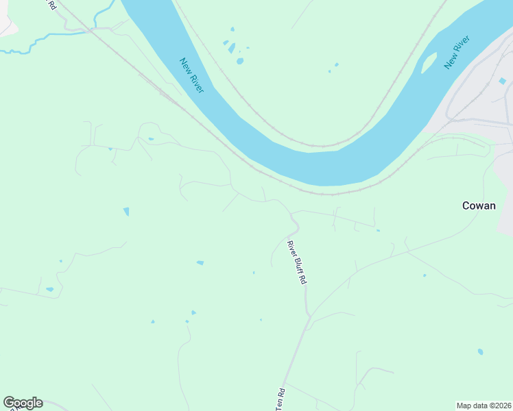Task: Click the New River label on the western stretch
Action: [192, 75]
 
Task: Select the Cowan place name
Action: [479, 206]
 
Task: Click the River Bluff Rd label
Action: [297, 262]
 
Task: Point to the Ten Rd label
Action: [280, 399]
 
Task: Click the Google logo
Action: [23, 403]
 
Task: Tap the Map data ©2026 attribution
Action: [484, 406]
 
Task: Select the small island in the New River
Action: [428, 64]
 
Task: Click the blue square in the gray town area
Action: [502, 82]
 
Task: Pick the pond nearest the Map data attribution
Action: [480, 352]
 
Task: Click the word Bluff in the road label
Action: [297, 263]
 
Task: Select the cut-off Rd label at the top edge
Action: [51, 4]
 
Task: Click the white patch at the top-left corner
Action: [5, 21]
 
